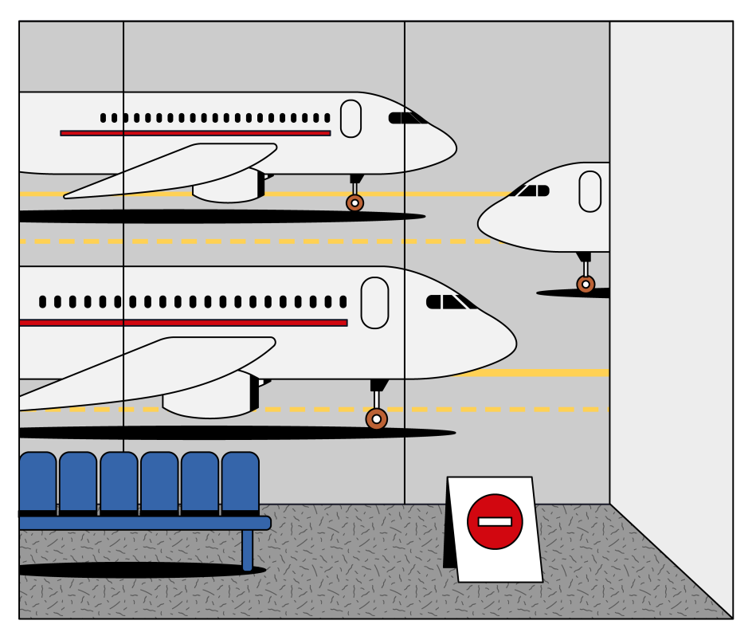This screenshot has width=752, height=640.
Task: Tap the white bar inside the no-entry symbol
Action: tap(495, 522)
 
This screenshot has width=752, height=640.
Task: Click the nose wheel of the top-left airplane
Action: tap(354, 203)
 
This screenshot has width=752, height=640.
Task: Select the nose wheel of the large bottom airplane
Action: tap(376, 418)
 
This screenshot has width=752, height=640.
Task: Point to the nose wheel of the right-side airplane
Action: tap(586, 285)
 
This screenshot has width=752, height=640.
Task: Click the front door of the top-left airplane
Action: tap(351, 119)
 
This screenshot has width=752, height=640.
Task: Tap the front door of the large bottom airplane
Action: tap(374, 303)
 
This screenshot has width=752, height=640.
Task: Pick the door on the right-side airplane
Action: tap(590, 191)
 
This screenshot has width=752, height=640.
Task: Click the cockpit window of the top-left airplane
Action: tap(406, 118)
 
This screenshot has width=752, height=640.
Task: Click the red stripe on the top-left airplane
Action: tap(195, 133)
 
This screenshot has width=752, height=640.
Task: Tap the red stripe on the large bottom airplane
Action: tap(183, 323)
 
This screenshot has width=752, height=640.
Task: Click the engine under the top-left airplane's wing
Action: tap(227, 188)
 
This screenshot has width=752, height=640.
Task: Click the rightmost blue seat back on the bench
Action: tap(241, 481)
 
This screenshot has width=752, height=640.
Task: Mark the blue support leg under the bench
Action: tap(247, 550)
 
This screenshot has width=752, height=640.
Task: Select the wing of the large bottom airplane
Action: tap(143, 371)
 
